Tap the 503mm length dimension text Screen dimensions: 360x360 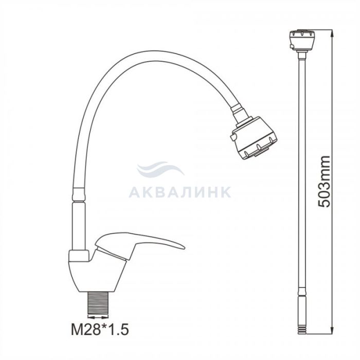(x=323, y=182)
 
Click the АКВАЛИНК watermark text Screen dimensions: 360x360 (x=180, y=192)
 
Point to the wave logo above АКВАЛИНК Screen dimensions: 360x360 (x=160, y=169)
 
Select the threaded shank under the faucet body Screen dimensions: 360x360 (x=99, y=303)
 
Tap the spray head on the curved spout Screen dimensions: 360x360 (x=254, y=137)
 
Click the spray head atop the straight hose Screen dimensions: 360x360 (x=301, y=40)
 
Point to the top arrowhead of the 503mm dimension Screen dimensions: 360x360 (x=332, y=33)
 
